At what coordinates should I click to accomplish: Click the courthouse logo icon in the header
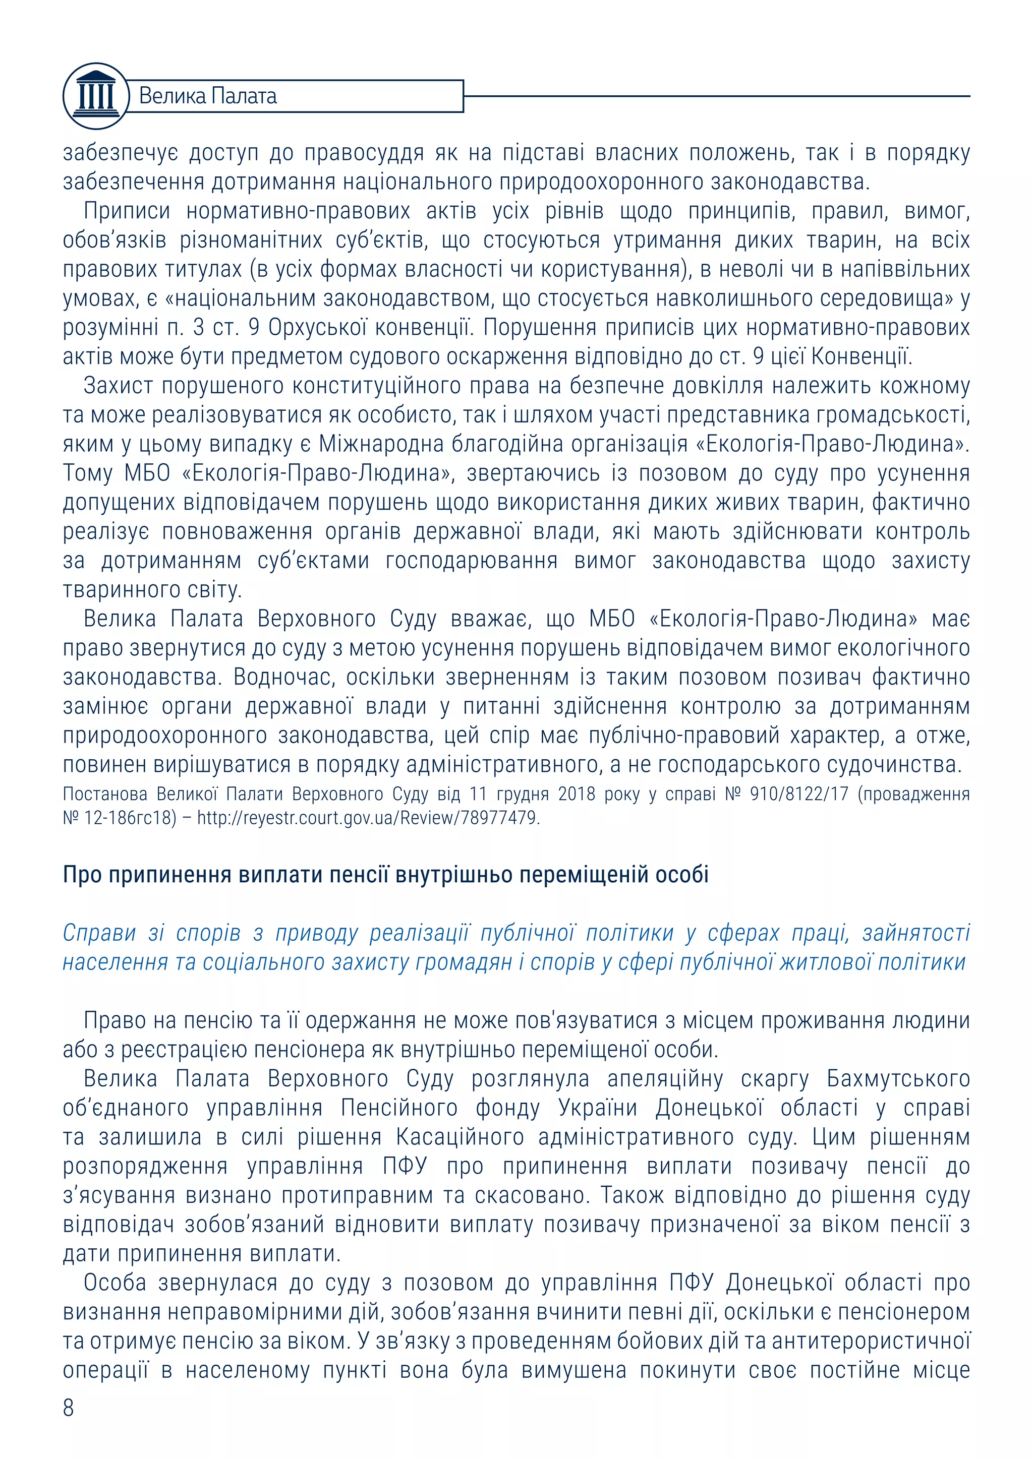[x=95, y=96]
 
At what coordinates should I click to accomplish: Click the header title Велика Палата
[x=207, y=96]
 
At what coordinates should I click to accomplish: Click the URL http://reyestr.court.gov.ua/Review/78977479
[x=368, y=818]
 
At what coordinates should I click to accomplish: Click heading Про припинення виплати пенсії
[x=385, y=875]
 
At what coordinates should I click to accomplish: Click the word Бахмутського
[x=897, y=1078]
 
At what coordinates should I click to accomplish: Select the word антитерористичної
[x=871, y=1341]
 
